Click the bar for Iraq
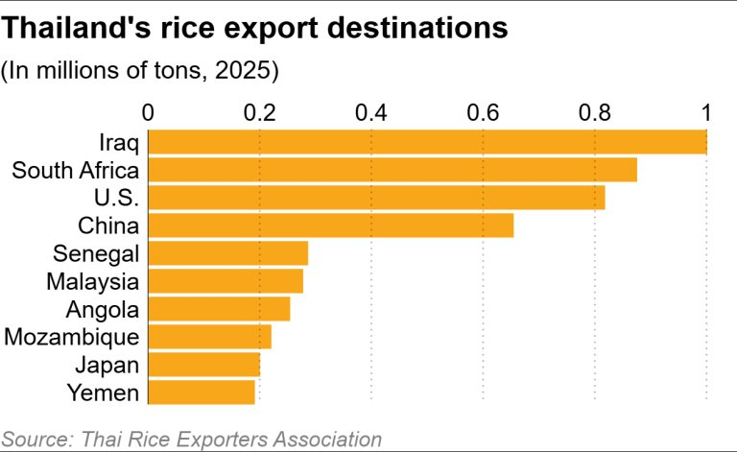[427, 142]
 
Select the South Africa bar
[392, 170]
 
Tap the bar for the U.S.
[376, 198]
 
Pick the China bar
[331, 226]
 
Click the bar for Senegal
[228, 253]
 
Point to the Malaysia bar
[226, 281]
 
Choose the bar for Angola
[219, 309]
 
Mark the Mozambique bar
[209, 337]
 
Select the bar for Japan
[204, 365]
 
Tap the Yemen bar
[202, 393]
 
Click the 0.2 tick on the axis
[259, 112]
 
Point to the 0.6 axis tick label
[483, 112]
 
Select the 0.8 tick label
[595, 112]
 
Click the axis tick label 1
[707, 112]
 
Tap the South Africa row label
[75, 171]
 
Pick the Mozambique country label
[72, 337]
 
